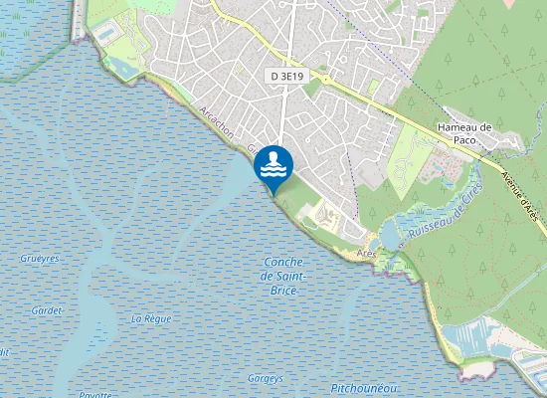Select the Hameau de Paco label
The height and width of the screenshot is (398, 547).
(465, 133)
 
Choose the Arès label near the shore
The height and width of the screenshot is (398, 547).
(366, 255)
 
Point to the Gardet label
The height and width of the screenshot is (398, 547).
(46, 310)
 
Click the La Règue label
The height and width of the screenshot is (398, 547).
(151, 318)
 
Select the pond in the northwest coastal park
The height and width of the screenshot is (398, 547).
(125, 67)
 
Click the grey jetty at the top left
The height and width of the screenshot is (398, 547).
(78, 20)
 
